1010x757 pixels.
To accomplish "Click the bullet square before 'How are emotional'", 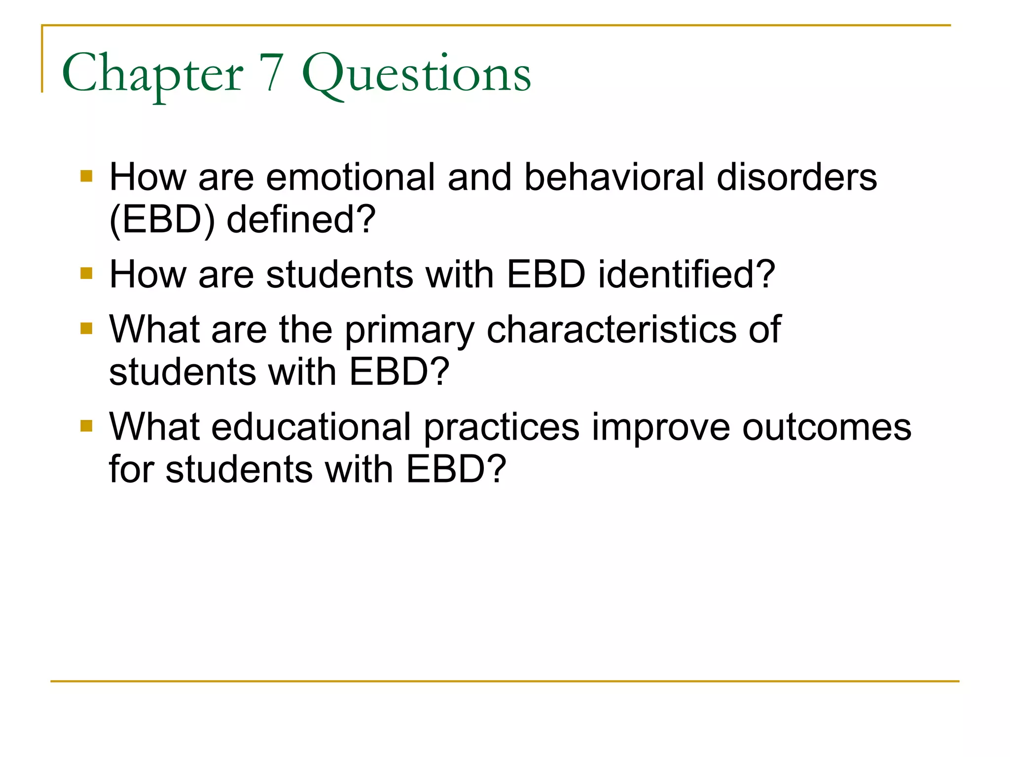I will coord(86,176).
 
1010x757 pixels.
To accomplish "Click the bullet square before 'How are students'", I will coord(86,274).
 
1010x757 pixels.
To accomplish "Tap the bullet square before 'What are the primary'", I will coord(86,328).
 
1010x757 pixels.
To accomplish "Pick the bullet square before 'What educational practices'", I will coord(86,426).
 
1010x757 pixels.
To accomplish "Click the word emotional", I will coord(351,177).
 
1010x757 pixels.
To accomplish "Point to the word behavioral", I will coord(614,177).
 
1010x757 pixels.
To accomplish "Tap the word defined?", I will coord(301,220).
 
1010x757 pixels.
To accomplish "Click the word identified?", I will coord(686,275).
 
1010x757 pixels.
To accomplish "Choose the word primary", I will coord(409,330).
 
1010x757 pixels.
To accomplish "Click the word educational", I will coord(311,427).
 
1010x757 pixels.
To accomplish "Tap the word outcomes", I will coord(827,427).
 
